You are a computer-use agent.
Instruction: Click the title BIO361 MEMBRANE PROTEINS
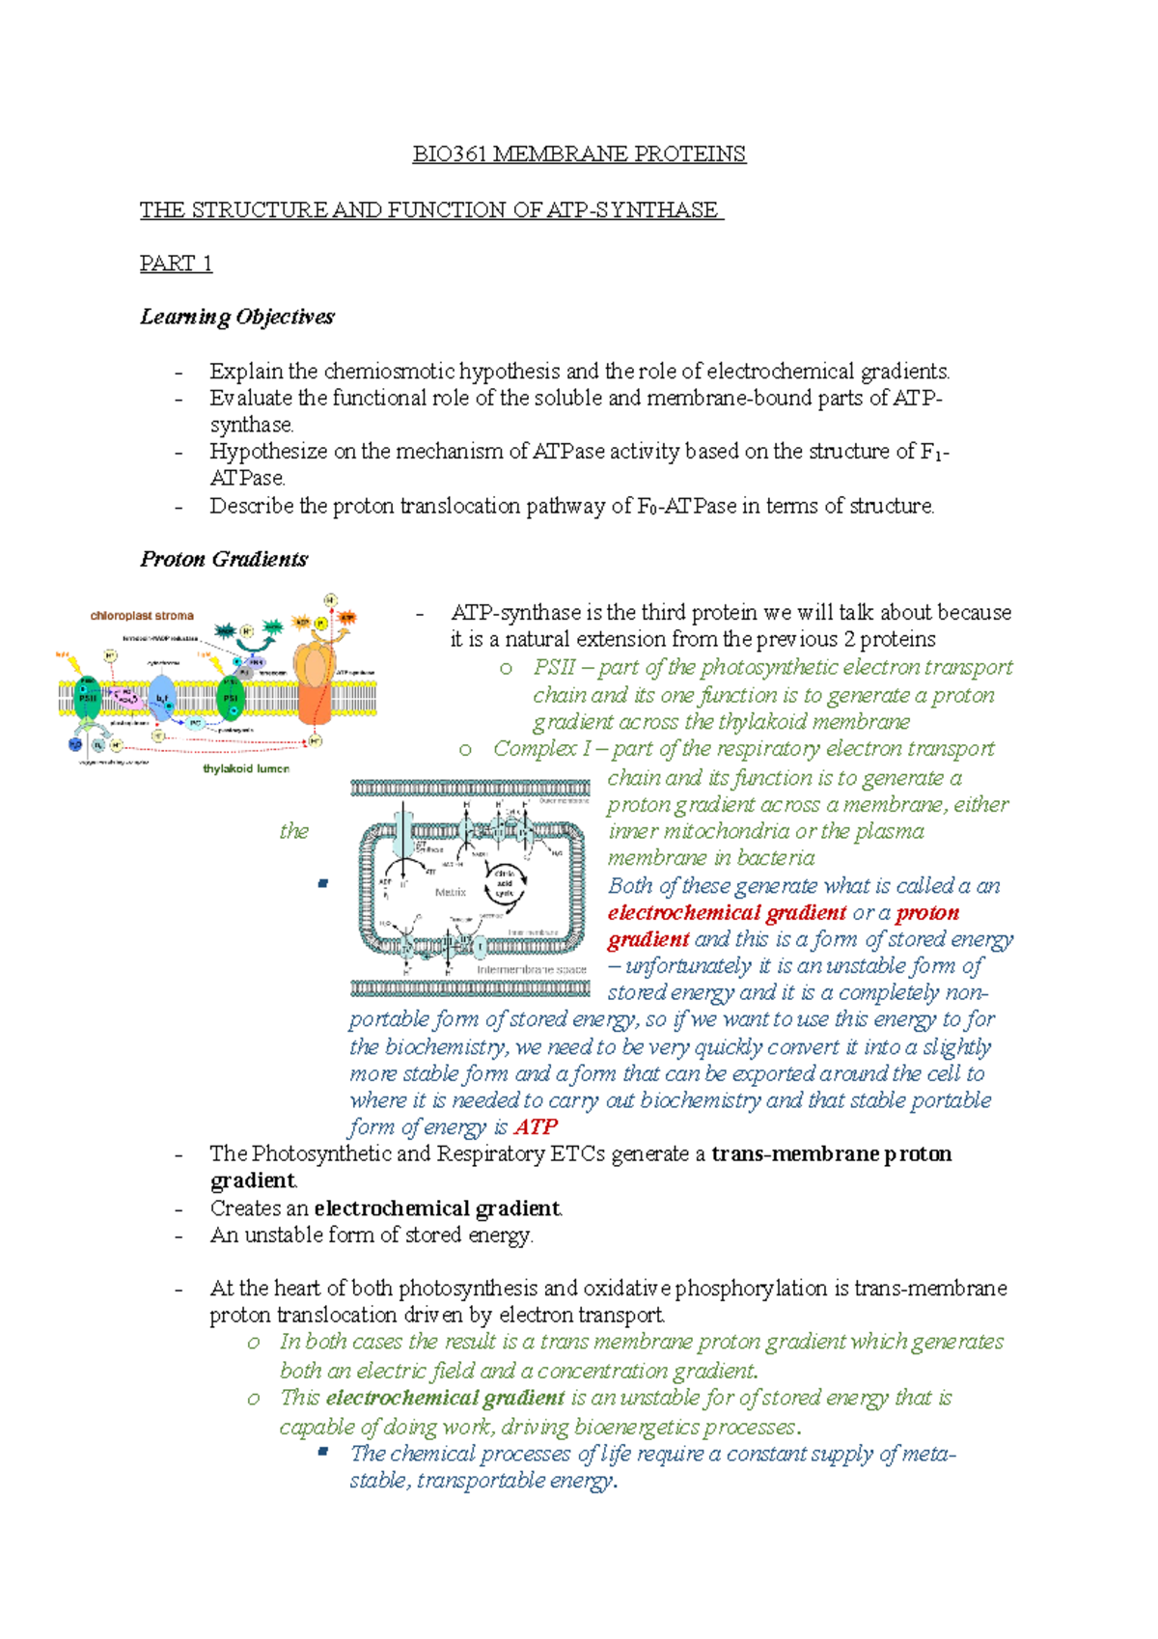point(579,154)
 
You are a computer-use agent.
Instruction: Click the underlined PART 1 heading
point(176,264)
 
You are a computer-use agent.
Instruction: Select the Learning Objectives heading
point(236,317)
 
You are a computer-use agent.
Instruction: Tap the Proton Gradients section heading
point(224,559)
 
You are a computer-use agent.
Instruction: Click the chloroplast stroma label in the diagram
point(142,615)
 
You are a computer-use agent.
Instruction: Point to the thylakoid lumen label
point(246,768)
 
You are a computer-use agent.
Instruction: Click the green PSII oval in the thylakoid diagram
point(88,697)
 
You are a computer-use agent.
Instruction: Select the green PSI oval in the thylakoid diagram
point(231,698)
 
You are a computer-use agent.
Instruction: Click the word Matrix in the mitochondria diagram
point(450,892)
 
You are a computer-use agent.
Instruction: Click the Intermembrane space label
point(531,968)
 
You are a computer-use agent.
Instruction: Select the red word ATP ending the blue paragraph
point(536,1127)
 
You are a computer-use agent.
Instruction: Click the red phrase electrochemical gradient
point(727,913)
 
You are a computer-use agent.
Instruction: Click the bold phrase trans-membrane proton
point(831,1154)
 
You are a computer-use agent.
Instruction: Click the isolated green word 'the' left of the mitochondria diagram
point(293,831)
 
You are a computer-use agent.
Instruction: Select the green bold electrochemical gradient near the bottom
point(445,1398)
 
